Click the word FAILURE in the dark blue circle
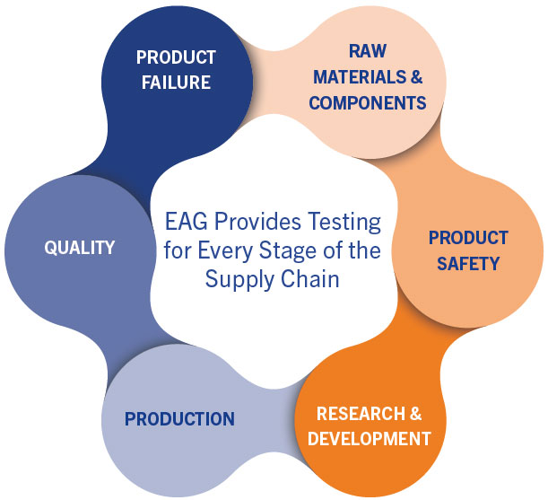point(176,83)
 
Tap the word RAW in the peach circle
point(368,51)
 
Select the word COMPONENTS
point(368,103)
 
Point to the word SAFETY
point(468,264)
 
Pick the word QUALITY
point(80,248)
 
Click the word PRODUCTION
point(179,419)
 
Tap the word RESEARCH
point(361,414)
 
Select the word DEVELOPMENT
point(369,439)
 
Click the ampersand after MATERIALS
point(416,77)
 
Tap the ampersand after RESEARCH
point(416,414)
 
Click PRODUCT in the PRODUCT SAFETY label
point(468,238)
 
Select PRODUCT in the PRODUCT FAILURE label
point(176,57)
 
